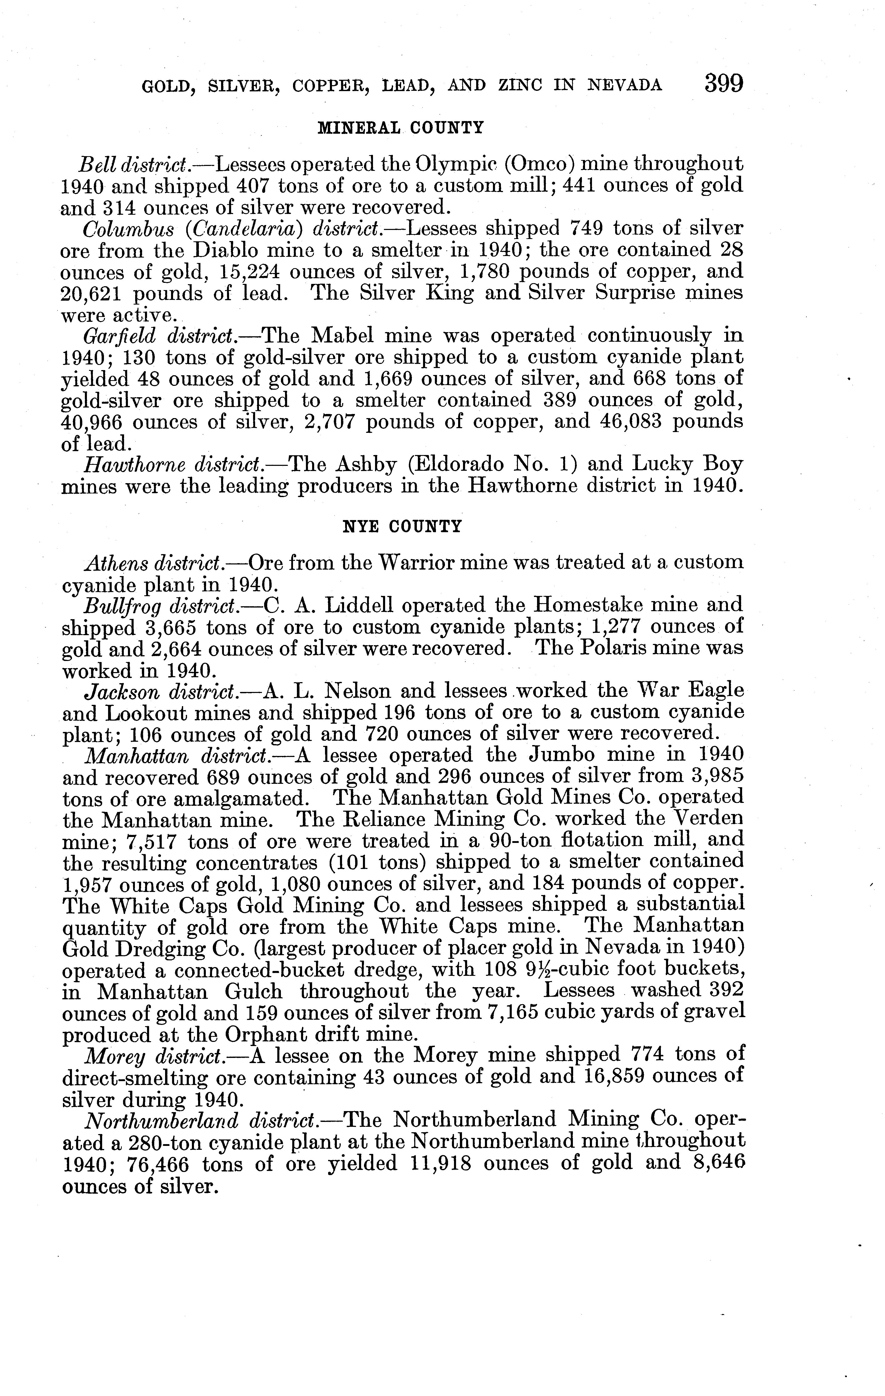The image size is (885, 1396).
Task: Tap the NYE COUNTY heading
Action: click(403, 527)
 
